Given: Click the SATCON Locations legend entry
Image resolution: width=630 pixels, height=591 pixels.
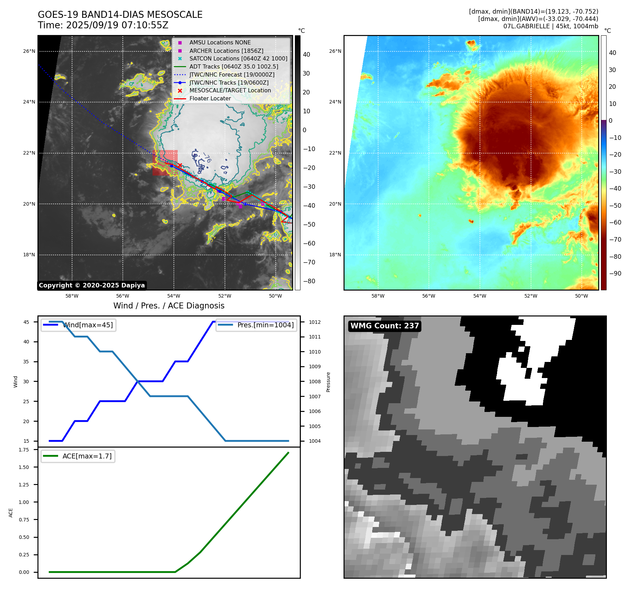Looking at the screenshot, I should pos(238,59).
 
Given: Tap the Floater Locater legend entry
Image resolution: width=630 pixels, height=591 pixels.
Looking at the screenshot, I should pos(210,99).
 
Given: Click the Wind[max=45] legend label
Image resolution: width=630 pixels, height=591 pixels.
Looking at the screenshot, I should pos(88,325).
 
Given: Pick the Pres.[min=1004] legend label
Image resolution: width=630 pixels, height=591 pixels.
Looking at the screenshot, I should pos(266,325).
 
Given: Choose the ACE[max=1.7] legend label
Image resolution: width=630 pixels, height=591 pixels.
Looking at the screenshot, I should pos(87,456).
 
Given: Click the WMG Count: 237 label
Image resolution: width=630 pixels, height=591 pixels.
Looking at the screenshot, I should pos(384,326).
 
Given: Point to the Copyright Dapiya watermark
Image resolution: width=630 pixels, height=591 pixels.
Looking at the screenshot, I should pos(92,285).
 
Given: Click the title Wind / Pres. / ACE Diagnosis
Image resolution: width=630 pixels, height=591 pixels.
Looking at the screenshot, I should pos(169,306).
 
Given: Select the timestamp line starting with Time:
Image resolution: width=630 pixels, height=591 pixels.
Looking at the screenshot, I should pos(103,26).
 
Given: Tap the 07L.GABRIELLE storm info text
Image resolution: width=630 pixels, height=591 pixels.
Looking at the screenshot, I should pos(551,26).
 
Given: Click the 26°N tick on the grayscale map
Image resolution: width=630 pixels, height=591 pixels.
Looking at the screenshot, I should pos(29,51).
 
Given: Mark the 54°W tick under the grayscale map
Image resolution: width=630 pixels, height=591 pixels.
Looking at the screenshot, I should pos(174,296).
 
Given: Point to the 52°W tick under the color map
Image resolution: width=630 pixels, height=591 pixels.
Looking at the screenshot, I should pos(530,296).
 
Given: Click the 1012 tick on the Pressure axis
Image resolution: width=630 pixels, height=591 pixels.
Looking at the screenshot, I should pos(314,322).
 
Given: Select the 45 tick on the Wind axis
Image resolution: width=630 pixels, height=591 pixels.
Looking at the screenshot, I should pos(26,322).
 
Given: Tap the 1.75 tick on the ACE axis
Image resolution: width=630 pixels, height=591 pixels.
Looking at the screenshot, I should pos(24,450).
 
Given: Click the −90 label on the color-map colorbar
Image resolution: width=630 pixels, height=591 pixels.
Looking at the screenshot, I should pos(615,273).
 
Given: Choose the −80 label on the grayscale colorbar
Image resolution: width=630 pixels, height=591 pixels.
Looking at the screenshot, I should pos(309,281).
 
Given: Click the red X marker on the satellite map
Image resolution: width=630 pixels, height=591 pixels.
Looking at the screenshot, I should pos(180,165).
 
